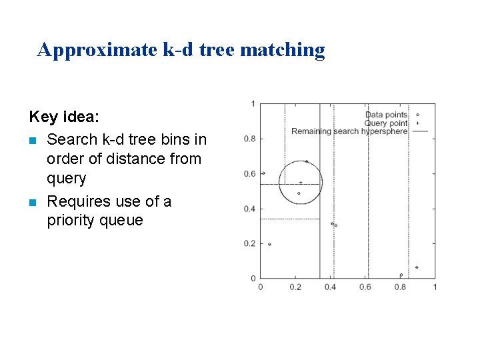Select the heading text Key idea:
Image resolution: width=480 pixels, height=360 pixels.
pos(64,117)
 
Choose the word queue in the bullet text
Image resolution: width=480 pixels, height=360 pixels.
pos(125,221)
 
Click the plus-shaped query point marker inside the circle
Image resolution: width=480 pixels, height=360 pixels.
pos(301,182)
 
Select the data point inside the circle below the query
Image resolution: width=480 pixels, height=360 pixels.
pos(299,193)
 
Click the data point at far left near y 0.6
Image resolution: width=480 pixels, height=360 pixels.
pos(263,173)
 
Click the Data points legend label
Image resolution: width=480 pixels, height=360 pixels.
pos(386,115)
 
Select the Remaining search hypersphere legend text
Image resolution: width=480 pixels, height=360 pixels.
pos(349,131)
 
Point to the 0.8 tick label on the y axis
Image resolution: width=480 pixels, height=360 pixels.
pos(249,139)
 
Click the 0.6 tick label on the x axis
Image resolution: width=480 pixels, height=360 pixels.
pos(365,287)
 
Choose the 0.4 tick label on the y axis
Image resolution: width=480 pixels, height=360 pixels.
pos(249,209)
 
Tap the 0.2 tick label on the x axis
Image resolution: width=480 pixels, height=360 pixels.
pos(295,287)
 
